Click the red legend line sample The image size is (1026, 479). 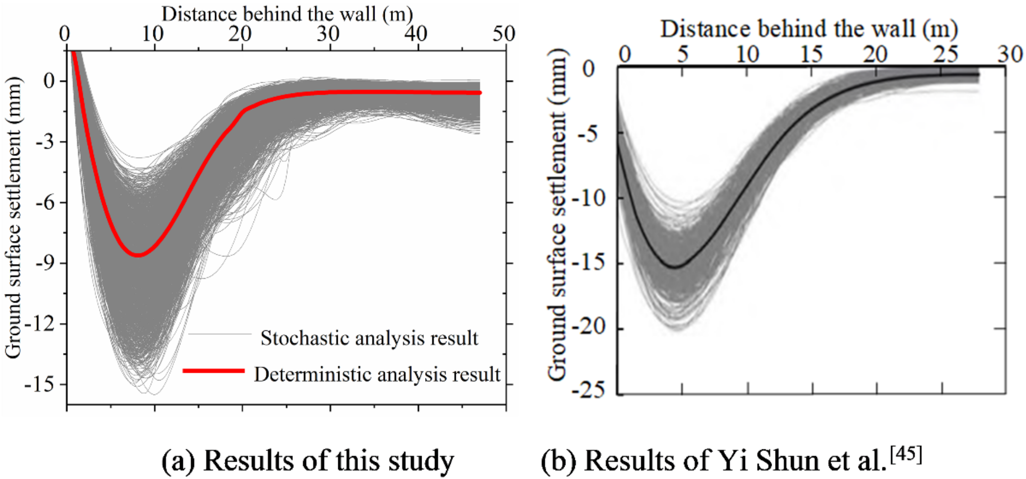214,371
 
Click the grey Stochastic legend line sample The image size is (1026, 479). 220,334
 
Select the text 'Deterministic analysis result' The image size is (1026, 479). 377,374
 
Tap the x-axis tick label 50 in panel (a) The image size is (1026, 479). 504,34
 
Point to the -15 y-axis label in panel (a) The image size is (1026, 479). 39,384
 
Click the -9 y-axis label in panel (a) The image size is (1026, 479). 45,263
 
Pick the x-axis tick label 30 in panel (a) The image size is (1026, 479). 328,34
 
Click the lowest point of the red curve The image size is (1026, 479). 138,255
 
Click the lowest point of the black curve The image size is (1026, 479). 675,267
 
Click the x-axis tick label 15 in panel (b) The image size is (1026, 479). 811,54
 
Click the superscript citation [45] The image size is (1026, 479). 906,453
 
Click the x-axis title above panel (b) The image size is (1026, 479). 808,29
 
